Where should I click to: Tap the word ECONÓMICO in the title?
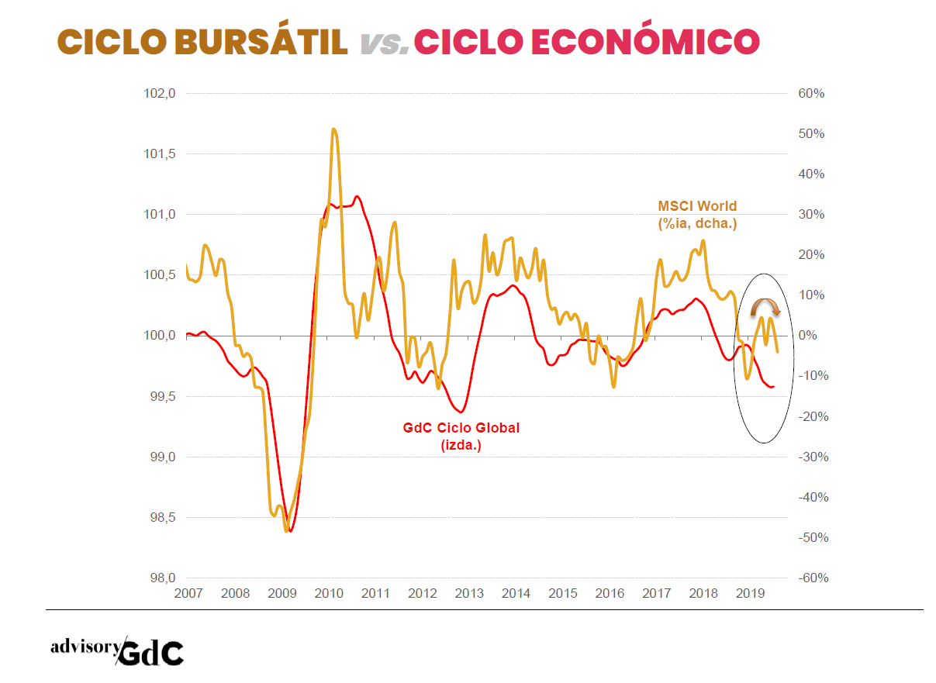click(x=644, y=41)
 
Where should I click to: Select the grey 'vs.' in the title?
click(x=385, y=43)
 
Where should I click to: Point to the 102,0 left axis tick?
click(x=161, y=93)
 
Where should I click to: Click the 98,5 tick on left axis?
click(x=161, y=517)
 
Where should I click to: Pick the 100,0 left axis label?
click(x=161, y=336)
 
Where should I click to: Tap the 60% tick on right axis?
click(x=811, y=93)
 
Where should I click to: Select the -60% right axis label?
click(x=810, y=578)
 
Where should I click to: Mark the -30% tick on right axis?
click(x=810, y=457)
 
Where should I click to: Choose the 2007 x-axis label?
click(x=188, y=594)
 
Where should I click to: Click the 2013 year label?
click(x=469, y=594)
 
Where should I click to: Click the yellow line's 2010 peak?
click(x=333, y=129)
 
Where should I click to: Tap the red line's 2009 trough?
click(x=290, y=530)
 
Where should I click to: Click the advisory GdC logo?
click(x=117, y=651)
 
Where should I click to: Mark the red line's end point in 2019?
click(x=773, y=386)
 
